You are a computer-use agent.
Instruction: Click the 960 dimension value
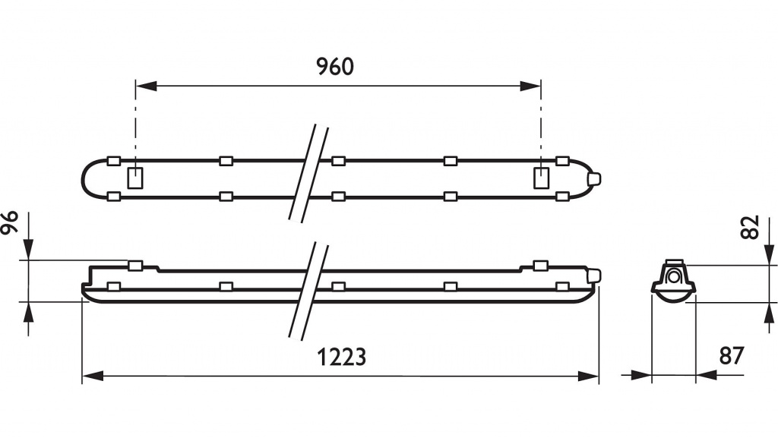tap(335, 67)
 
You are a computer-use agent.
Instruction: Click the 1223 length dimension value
tap(341, 357)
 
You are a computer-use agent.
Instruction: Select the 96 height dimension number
tap(9, 222)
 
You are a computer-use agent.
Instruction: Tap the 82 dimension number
tap(750, 228)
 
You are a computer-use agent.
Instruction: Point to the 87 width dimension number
tap(732, 356)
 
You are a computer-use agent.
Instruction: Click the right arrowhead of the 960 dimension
tap(530, 87)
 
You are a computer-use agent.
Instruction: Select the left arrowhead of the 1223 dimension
tap(93, 376)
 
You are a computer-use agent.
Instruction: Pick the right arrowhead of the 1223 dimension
tap(589, 376)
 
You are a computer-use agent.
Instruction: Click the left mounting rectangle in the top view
tap(135, 178)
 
